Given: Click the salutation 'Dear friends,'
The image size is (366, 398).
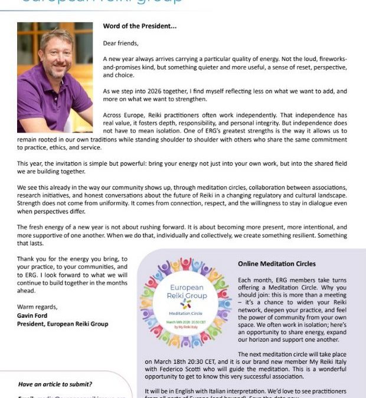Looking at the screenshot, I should (x=121, y=43).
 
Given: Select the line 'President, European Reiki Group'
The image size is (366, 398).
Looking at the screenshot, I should (x=63, y=324).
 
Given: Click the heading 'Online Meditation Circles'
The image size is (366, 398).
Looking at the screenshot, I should (x=276, y=264).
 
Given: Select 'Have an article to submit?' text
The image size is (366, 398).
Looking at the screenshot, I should (x=57, y=383).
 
